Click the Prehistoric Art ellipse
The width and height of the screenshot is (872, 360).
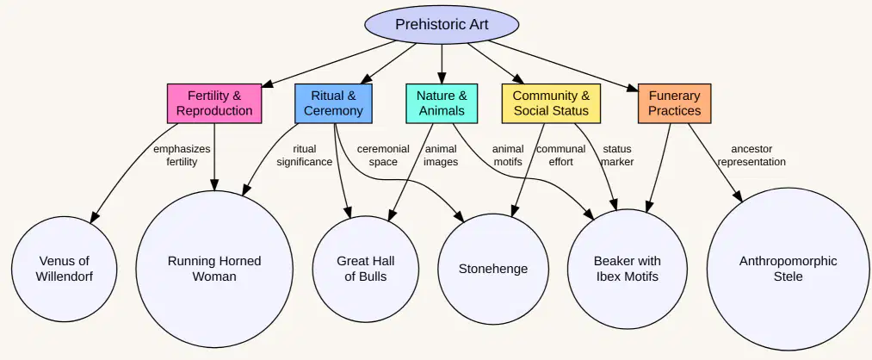tap(442, 24)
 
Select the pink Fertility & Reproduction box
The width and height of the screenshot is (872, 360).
tap(214, 103)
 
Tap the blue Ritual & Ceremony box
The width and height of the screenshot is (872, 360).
tap(333, 103)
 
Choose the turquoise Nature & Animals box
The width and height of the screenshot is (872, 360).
tap(442, 103)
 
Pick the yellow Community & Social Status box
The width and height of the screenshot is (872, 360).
tap(551, 103)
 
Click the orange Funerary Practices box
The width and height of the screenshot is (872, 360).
tap(675, 103)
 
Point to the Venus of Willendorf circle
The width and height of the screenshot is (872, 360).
tap(65, 269)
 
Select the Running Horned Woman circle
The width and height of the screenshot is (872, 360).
tap(214, 269)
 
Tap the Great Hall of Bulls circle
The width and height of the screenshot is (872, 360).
tap(365, 269)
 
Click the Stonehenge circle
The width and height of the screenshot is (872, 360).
tap(492, 269)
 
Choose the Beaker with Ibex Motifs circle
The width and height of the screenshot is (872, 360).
tap(628, 269)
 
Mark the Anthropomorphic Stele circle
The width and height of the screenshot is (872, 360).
tap(788, 269)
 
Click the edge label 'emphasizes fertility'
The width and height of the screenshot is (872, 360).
tap(182, 155)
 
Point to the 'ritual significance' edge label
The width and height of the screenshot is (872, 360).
tap(304, 155)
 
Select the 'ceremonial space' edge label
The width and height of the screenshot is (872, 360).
tap(383, 155)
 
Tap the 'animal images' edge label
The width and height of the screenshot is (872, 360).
tap(441, 155)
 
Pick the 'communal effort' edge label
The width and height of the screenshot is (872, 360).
tap(560, 155)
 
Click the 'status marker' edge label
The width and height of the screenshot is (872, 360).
tap(616, 155)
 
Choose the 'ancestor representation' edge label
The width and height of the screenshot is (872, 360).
tap(751, 155)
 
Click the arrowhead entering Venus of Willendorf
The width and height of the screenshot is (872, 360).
tap(95, 218)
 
